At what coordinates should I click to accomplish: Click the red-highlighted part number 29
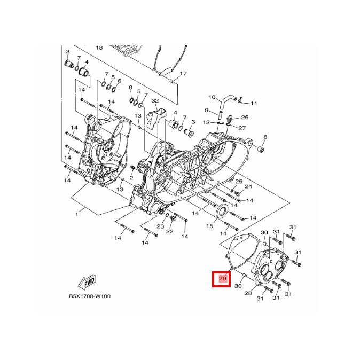pos(223,278)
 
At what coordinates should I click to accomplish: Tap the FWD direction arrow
pos(87,281)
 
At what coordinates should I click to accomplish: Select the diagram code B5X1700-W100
pos(90,296)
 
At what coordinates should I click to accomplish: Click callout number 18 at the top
pos(99,48)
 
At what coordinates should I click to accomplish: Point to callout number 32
pos(155,101)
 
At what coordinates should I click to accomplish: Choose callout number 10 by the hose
pos(212,97)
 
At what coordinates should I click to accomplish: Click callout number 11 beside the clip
pos(254,103)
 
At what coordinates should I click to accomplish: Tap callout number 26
pos(245,117)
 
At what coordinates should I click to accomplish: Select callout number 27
pos(242,128)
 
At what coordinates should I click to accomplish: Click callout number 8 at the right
pos(265,137)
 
